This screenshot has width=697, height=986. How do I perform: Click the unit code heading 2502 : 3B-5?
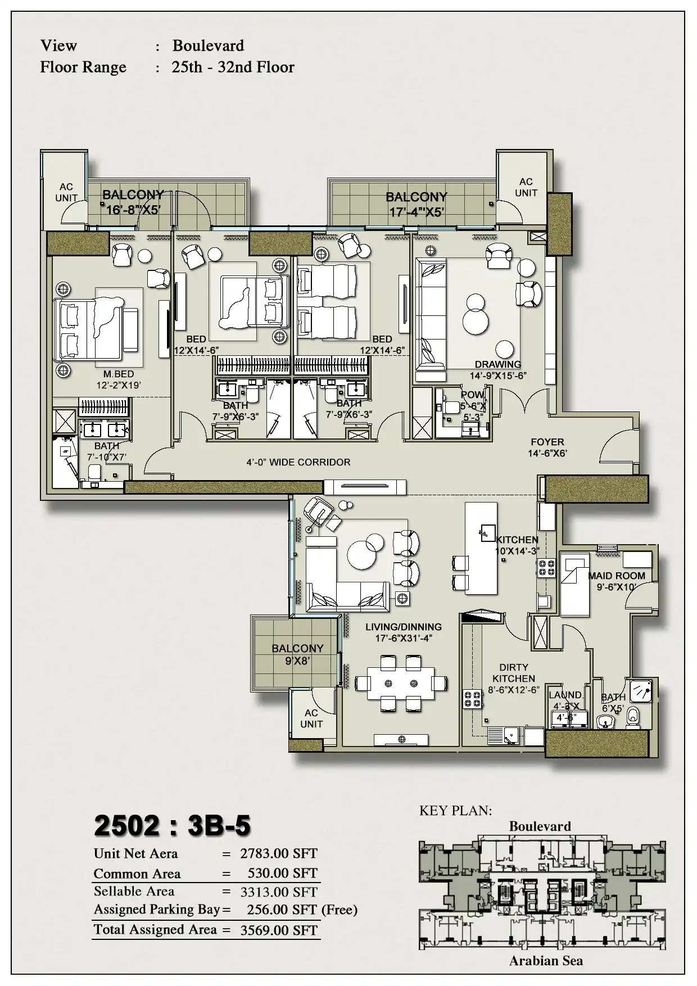point(172,826)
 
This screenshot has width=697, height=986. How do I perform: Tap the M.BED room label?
point(119,374)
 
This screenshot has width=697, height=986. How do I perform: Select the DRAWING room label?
point(497,364)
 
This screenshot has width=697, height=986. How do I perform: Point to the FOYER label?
point(547,442)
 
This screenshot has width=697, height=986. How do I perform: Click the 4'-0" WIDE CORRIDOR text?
point(298,462)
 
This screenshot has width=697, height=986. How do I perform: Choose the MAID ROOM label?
point(617,576)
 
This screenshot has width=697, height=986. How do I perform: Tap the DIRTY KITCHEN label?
point(514,673)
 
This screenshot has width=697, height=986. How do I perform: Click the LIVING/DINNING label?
point(404,627)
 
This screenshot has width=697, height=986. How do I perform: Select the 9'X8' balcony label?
point(297,661)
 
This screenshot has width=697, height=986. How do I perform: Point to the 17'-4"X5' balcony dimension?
point(417,212)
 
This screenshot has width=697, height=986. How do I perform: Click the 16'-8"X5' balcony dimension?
point(134,210)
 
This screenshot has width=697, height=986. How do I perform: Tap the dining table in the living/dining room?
point(401,683)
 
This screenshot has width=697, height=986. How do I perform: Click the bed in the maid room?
point(574,584)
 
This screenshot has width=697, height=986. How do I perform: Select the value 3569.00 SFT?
point(279,930)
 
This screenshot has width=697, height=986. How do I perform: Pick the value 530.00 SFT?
point(283,873)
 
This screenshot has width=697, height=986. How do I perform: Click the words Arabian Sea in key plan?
point(546,961)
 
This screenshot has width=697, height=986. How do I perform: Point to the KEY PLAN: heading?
point(455,811)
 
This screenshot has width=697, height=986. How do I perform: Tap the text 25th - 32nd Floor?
point(233,67)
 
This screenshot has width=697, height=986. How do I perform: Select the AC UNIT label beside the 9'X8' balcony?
point(311,718)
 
